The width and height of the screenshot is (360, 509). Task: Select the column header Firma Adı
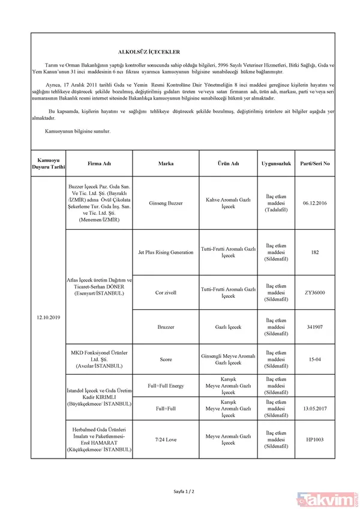click(100, 163)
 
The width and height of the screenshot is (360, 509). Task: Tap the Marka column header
click(166, 163)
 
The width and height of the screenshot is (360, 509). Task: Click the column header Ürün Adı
click(229, 163)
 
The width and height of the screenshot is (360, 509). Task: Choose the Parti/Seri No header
click(315, 163)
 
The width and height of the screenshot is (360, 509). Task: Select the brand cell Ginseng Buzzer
click(166, 203)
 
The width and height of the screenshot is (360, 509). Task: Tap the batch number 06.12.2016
click(315, 203)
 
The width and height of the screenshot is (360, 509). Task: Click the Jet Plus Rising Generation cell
click(166, 252)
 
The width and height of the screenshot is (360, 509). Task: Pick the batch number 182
click(315, 252)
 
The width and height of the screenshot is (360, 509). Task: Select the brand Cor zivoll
click(166, 292)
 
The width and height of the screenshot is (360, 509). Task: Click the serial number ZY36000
click(315, 292)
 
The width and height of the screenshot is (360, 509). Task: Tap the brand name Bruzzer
click(166, 327)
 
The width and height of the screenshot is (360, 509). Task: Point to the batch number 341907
click(315, 327)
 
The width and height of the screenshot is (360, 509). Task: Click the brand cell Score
click(166, 360)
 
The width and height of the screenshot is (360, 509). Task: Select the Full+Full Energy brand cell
click(166, 385)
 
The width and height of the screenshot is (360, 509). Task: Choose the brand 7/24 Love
click(166, 439)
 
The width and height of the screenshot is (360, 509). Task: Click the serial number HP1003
click(315, 439)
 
